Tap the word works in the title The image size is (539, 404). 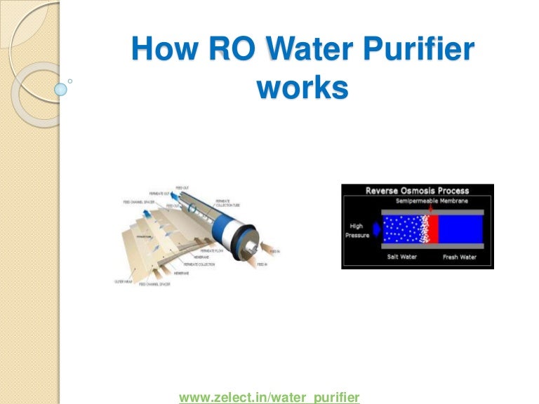tap(302, 89)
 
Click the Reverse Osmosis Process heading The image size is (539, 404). tap(418, 190)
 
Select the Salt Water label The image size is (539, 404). tap(404, 257)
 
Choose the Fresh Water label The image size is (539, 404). tap(459, 257)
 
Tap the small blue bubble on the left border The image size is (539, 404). tap(61, 90)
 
